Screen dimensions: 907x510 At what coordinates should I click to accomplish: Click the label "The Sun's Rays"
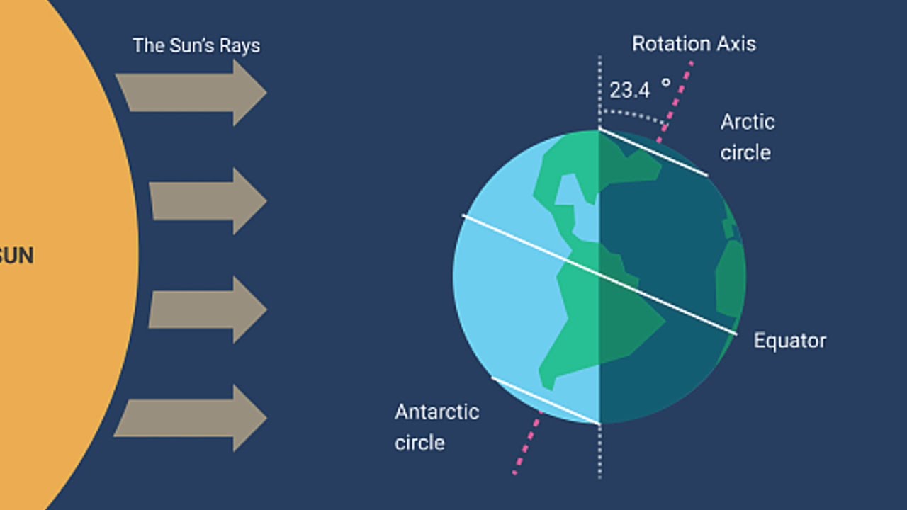coord(196,45)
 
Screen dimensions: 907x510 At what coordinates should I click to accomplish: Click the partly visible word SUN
coord(16,256)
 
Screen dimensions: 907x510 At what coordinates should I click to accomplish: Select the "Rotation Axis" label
coord(694,44)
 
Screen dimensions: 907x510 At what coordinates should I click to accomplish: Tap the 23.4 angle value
coord(629,91)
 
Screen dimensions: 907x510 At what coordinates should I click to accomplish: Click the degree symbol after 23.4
coord(665,83)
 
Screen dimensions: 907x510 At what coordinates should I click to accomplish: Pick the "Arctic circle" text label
coord(747,137)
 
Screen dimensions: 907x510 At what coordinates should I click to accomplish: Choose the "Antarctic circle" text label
coord(436,427)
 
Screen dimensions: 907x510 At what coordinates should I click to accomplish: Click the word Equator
coord(789,341)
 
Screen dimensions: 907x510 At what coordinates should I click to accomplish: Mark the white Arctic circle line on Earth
coord(653,152)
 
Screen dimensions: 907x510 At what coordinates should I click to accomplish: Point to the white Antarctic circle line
coord(545,400)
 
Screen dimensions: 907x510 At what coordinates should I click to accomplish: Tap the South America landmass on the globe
coord(595,319)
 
